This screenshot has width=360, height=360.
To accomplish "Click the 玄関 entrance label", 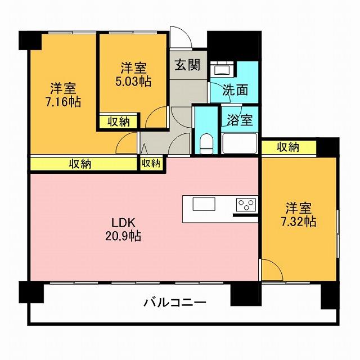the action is (187, 65).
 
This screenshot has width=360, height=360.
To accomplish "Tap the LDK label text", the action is (123, 223).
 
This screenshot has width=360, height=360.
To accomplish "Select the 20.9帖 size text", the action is (123, 236).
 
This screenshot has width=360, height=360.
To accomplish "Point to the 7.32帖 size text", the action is (299, 222).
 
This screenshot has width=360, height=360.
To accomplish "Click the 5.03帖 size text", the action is (133, 82).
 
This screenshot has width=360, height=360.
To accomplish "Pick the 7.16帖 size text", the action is (64, 102).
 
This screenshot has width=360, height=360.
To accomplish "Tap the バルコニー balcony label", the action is (175, 303).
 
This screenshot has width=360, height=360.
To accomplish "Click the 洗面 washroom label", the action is (235, 90).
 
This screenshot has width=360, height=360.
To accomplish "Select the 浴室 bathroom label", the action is (240, 120).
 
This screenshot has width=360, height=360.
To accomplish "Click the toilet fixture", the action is (206, 144).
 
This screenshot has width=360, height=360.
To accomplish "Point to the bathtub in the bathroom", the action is (240, 143).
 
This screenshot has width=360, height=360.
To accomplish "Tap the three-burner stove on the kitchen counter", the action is (246, 205).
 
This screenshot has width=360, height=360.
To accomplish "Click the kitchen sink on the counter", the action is (204, 204).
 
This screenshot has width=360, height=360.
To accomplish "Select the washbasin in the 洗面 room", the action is (223, 69).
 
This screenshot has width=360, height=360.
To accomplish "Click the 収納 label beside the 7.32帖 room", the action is (288, 147).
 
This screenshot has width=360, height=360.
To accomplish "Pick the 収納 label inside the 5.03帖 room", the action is (119, 121).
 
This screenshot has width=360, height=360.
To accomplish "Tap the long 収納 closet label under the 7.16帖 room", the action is (80, 164).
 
